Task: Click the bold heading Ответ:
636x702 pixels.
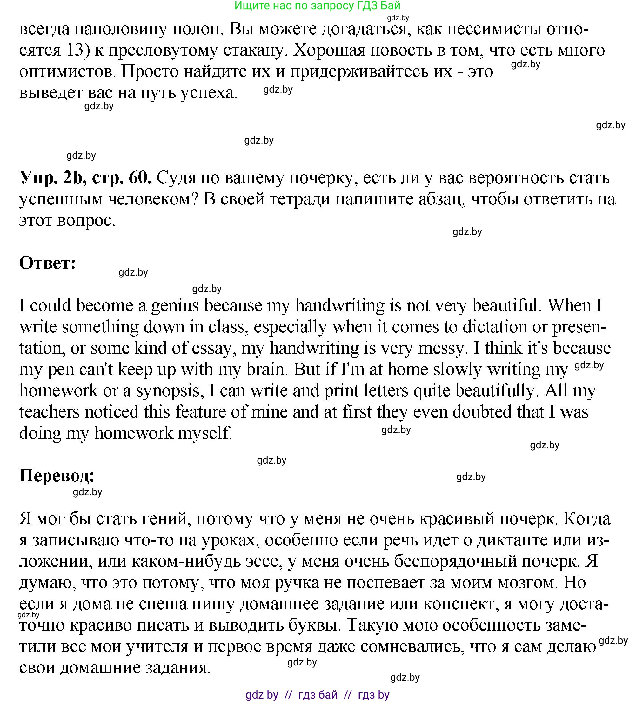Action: (x=47, y=263)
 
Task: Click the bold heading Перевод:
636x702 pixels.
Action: (x=57, y=476)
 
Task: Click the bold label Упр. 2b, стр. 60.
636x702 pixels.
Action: (x=85, y=178)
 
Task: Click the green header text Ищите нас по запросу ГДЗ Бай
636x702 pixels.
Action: (x=317, y=6)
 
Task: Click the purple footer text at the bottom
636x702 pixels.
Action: (x=317, y=695)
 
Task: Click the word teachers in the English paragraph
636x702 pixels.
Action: (x=49, y=412)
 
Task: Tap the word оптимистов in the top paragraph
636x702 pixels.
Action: (x=66, y=72)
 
